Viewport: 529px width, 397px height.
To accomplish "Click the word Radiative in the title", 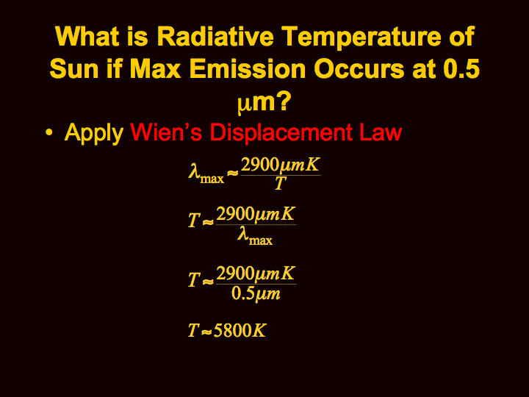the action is click(215, 36).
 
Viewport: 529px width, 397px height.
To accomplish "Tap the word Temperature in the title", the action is click(361, 37).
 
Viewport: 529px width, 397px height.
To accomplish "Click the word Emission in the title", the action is click(248, 68).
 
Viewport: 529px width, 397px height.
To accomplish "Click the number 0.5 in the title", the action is click(461, 68).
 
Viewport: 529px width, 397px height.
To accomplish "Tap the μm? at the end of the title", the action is click(264, 102).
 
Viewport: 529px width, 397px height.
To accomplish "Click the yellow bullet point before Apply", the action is click(49, 132).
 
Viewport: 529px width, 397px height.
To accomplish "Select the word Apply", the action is click(94, 133).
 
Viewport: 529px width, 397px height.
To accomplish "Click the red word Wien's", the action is click(166, 132).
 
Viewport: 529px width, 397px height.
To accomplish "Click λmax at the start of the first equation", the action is click(206, 174).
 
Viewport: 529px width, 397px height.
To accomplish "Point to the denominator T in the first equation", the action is click(280, 183).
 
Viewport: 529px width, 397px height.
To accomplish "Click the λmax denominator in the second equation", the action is click(255, 235).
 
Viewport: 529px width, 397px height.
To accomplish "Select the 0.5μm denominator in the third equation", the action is click(256, 293).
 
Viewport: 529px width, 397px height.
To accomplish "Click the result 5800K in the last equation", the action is click(240, 330).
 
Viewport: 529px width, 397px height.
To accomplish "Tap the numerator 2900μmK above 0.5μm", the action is click(256, 273).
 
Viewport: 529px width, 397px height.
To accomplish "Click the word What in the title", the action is click(87, 36).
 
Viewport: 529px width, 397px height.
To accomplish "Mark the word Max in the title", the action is click(156, 68).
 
